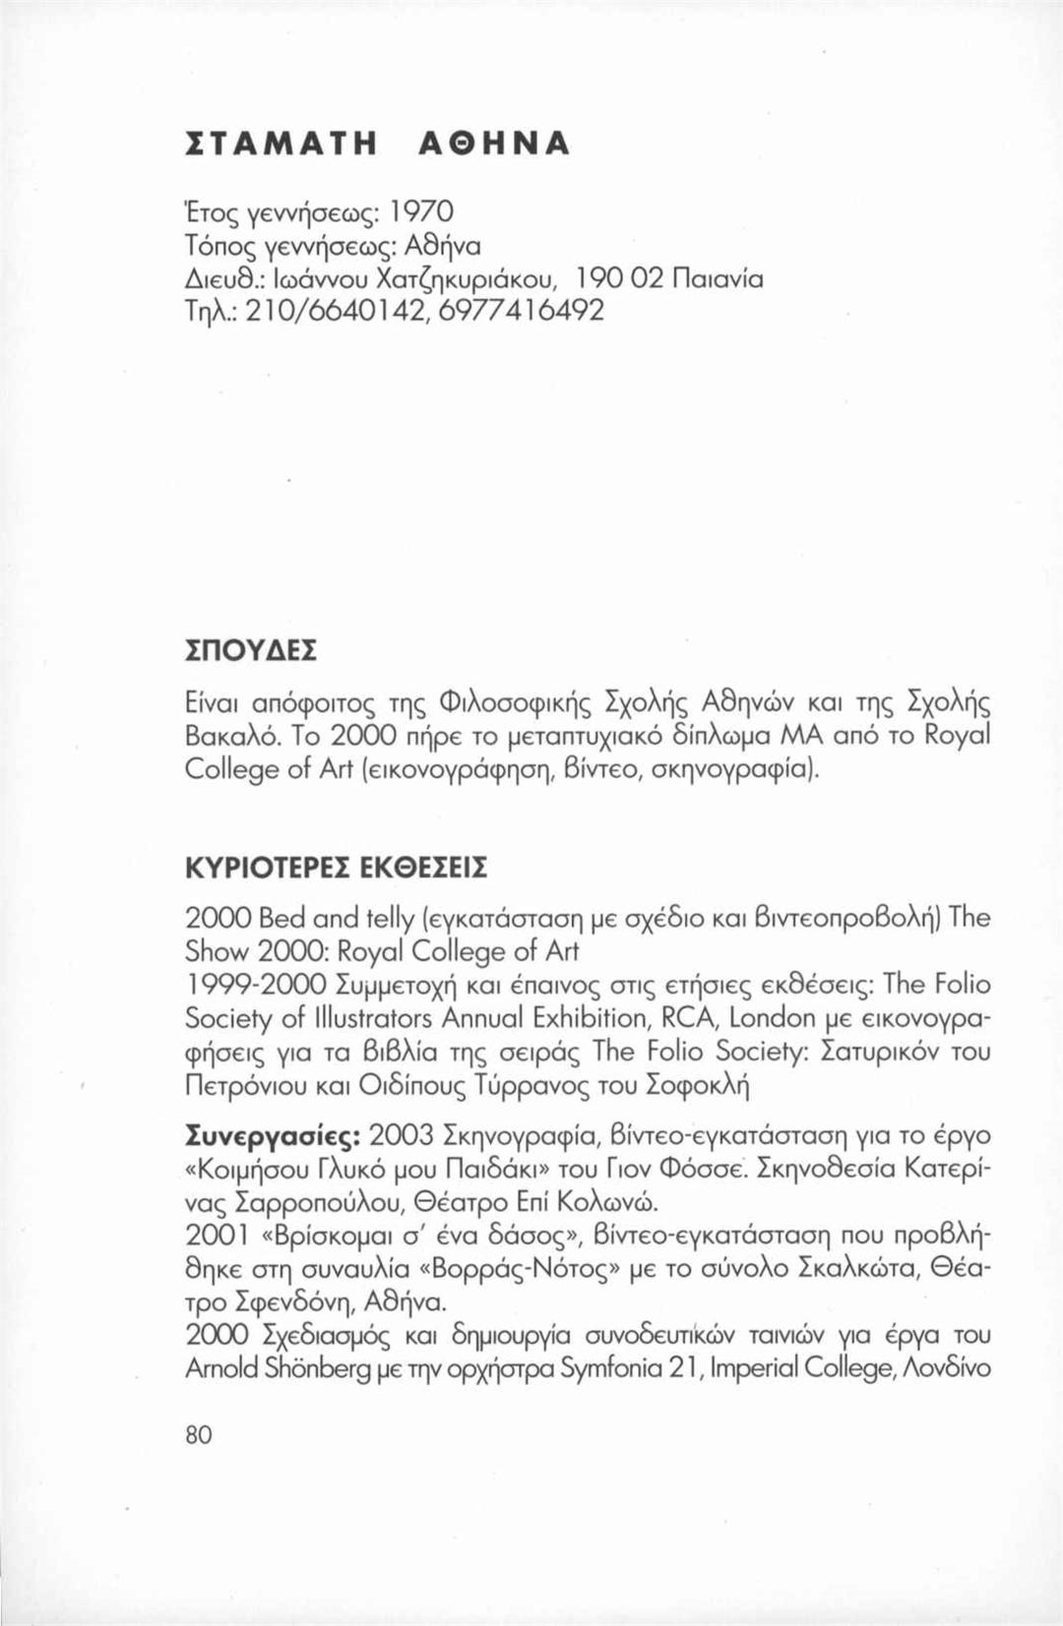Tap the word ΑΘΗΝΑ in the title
495,144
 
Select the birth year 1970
420,211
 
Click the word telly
391,919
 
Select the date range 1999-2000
256,985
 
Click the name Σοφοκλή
697,1086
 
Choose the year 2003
402,1135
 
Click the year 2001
218,1235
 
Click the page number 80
199,1435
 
